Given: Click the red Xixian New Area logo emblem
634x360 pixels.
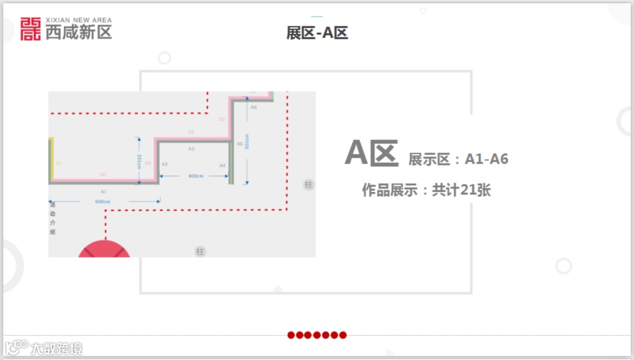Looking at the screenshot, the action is (31, 29).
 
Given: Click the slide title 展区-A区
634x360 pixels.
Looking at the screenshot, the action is (317, 33).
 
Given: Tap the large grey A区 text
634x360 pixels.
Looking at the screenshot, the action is (372, 153).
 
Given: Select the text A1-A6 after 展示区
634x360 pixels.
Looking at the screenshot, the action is (487, 159).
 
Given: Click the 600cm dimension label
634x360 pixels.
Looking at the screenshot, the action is (103, 201).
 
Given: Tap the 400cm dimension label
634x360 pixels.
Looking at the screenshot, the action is (195, 176).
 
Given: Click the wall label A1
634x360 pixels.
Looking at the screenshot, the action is (103, 192).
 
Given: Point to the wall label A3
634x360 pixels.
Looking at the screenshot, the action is (191, 149).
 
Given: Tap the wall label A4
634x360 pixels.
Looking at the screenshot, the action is (222, 166).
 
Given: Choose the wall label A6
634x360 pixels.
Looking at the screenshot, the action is (254, 107).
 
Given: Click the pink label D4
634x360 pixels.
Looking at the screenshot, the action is (191, 132).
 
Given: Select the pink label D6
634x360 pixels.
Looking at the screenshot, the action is (103, 174).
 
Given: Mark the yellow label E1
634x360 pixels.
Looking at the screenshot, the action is (59, 163).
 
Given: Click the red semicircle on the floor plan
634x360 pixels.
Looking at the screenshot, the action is (104, 250).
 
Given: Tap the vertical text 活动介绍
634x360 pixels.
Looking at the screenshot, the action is (53, 218).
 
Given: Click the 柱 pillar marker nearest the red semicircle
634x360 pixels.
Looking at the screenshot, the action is (200, 252).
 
